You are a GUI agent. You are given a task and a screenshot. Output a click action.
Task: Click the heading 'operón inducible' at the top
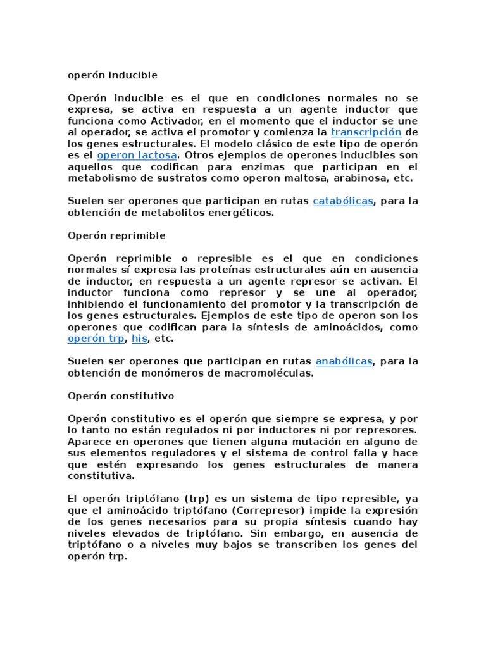coord(112,75)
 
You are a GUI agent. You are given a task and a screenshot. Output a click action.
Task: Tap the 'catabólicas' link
coord(343,201)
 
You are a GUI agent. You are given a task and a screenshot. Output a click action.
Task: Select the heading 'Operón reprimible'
coord(116,235)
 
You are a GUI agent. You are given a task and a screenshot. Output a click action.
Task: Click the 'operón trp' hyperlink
coord(97,339)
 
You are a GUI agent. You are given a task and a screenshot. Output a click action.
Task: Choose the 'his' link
coord(139,339)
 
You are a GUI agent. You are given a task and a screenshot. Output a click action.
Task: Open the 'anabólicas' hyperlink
coord(344,361)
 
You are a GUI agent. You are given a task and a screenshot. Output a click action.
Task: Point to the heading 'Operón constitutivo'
coord(120,396)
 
